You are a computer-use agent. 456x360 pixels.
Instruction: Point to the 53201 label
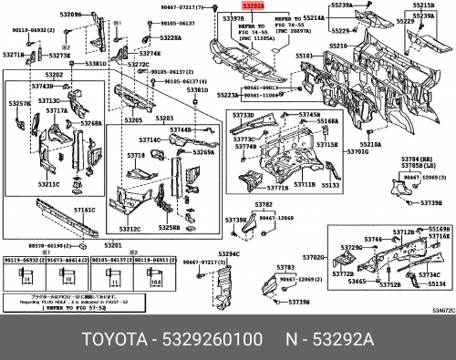114,245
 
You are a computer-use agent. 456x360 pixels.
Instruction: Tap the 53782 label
264,204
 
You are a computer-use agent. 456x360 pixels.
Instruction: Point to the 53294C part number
228,254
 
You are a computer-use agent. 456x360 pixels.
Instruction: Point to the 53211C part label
47,184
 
